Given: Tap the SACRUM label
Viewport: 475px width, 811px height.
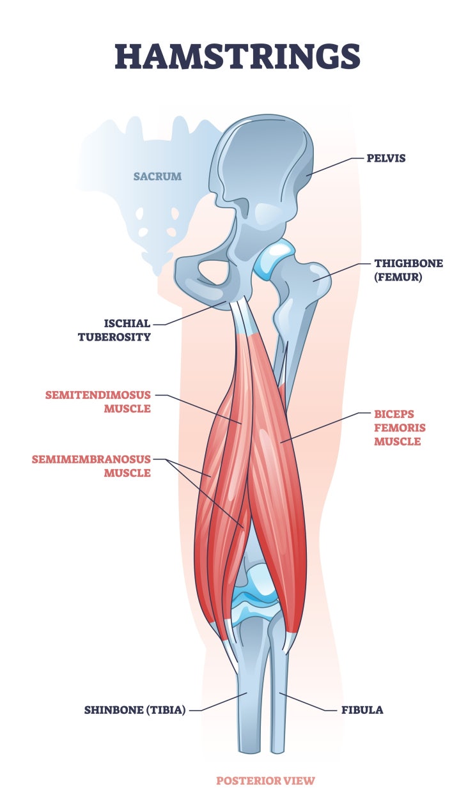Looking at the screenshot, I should click(x=157, y=176).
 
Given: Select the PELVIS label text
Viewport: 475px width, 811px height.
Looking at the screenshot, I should click(x=385, y=157).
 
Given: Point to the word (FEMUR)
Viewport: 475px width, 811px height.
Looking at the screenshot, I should click(x=399, y=278).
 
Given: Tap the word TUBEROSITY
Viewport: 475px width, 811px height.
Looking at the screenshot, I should click(x=114, y=337).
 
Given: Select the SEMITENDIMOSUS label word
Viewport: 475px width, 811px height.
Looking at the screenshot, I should click(x=98, y=395).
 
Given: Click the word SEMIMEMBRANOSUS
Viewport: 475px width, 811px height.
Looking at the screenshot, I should click(x=91, y=459).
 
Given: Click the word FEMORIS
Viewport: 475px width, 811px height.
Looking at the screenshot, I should click(x=400, y=428).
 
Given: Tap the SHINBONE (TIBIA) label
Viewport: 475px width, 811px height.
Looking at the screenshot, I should click(x=135, y=709).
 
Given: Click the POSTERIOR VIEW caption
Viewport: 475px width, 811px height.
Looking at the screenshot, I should click(x=265, y=780).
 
